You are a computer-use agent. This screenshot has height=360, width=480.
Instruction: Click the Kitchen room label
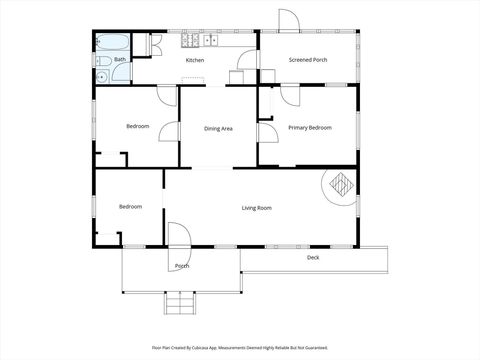(x=195, y=60)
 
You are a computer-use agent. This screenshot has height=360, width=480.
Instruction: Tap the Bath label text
(x=120, y=60)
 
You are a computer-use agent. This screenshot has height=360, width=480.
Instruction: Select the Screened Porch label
(x=308, y=60)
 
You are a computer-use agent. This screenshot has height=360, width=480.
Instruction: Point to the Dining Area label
(x=218, y=128)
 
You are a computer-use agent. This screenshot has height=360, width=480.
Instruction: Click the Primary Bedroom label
(x=310, y=128)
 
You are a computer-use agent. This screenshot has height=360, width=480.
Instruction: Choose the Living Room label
(x=257, y=207)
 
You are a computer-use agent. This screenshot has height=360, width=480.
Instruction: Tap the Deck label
(x=313, y=257)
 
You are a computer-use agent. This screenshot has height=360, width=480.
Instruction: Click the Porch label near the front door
(x=182, y=266)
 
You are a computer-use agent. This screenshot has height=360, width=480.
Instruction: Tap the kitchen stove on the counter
(x=187, y=42)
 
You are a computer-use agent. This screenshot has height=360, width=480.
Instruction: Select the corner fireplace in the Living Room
(x=341, y=184)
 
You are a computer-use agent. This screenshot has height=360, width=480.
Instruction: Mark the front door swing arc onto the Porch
(x=178, y=235)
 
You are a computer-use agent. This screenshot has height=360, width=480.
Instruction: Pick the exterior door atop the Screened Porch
(x=288, y=20)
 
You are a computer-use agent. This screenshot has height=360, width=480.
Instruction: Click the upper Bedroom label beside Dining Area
(x=138, y=126)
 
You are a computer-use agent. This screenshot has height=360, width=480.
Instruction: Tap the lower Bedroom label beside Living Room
(x=131, y=207)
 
